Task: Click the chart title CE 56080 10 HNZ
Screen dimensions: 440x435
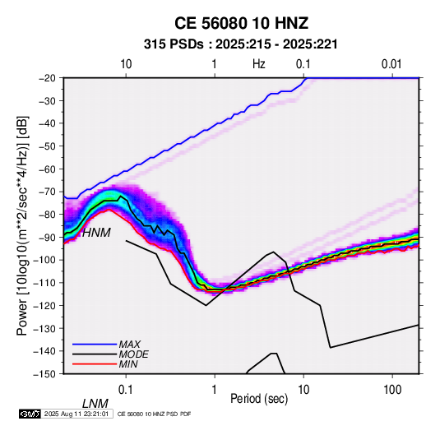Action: click(x=241, y=23)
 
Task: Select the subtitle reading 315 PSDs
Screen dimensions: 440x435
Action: click(x=174, y=44)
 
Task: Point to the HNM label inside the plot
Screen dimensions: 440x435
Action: click(x=96, y=233)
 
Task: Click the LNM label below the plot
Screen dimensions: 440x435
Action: click(x=95, y=404)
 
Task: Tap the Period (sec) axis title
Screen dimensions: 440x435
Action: click(x=259, y=399)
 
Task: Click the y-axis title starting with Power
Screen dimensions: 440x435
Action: click(x=22, y=225)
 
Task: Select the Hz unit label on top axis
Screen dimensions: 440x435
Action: click(x=259, y=64)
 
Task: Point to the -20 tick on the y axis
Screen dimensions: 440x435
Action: click(x=47, y=78)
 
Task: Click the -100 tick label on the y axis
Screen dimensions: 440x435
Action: click(x=44, y=260)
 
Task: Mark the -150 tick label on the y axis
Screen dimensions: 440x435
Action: click(x=44, y=374)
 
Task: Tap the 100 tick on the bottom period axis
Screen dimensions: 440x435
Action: click(x=392, y=390)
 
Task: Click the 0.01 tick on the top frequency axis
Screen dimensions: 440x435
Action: click(x=391, y=64)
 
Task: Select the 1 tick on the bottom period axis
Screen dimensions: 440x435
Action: click(x=215, y=390)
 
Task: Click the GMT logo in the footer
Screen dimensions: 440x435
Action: click(x=30, y=414)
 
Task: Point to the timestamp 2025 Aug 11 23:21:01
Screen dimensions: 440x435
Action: click(x=76, y=414)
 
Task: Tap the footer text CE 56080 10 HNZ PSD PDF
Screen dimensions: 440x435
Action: click(x=154, y=414)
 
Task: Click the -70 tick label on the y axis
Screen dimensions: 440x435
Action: click(x=47, y=192)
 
